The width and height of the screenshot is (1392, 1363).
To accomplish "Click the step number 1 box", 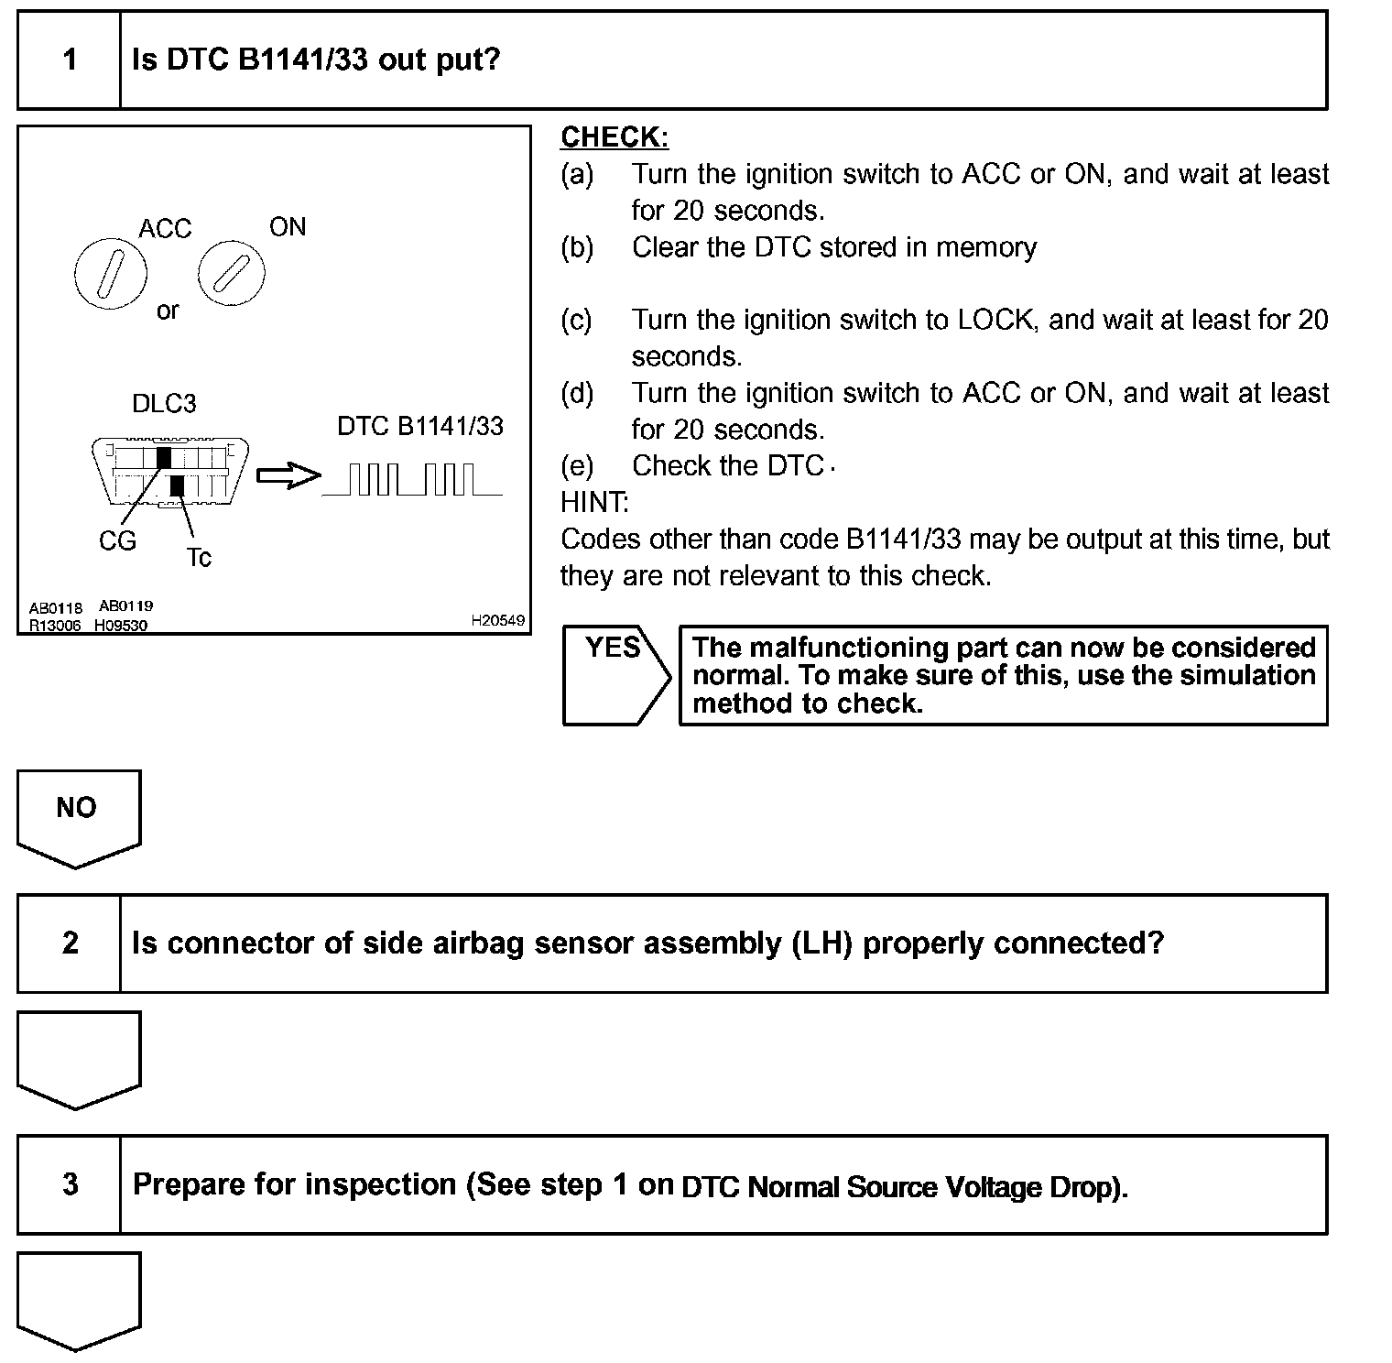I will (x=70, y=60).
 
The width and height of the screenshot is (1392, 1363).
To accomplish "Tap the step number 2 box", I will (x=70, y=943).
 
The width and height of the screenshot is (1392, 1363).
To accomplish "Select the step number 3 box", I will (x=70, y=1184).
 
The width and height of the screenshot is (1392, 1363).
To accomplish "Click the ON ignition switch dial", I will (x=232, y=273).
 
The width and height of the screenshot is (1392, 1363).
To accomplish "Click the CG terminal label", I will (x=117, y=541).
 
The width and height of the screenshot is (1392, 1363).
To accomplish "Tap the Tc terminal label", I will (x=199, y=557).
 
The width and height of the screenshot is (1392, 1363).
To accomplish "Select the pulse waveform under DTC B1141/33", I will (x=412, y=480).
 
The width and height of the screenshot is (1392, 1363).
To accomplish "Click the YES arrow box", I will (x=615, y=675).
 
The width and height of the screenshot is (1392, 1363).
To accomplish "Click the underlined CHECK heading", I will (x=614, y=137).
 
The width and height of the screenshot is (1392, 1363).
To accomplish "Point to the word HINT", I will (x=594, y=502).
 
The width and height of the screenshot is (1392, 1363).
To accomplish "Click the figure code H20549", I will (x=497, y=620).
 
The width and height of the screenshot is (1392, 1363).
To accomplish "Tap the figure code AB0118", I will (x=55, y=607).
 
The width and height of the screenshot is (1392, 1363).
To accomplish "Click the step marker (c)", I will (x=576, y=320).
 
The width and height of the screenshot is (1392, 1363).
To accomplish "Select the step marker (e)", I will (x=576, y=466).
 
